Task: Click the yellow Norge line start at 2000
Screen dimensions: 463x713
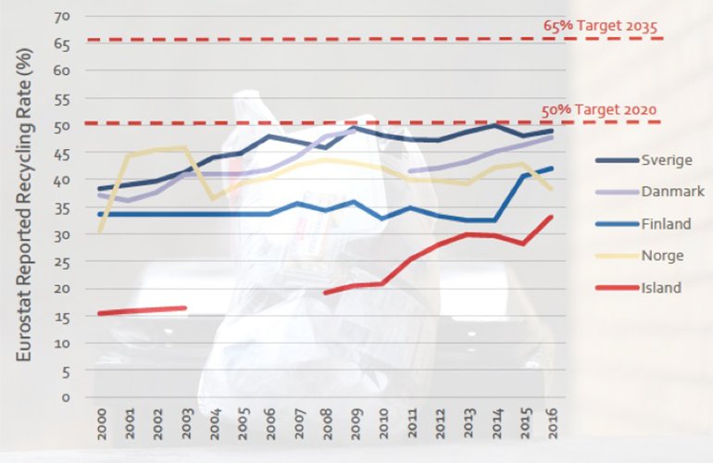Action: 99,230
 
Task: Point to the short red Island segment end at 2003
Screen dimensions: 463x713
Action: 184,308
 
